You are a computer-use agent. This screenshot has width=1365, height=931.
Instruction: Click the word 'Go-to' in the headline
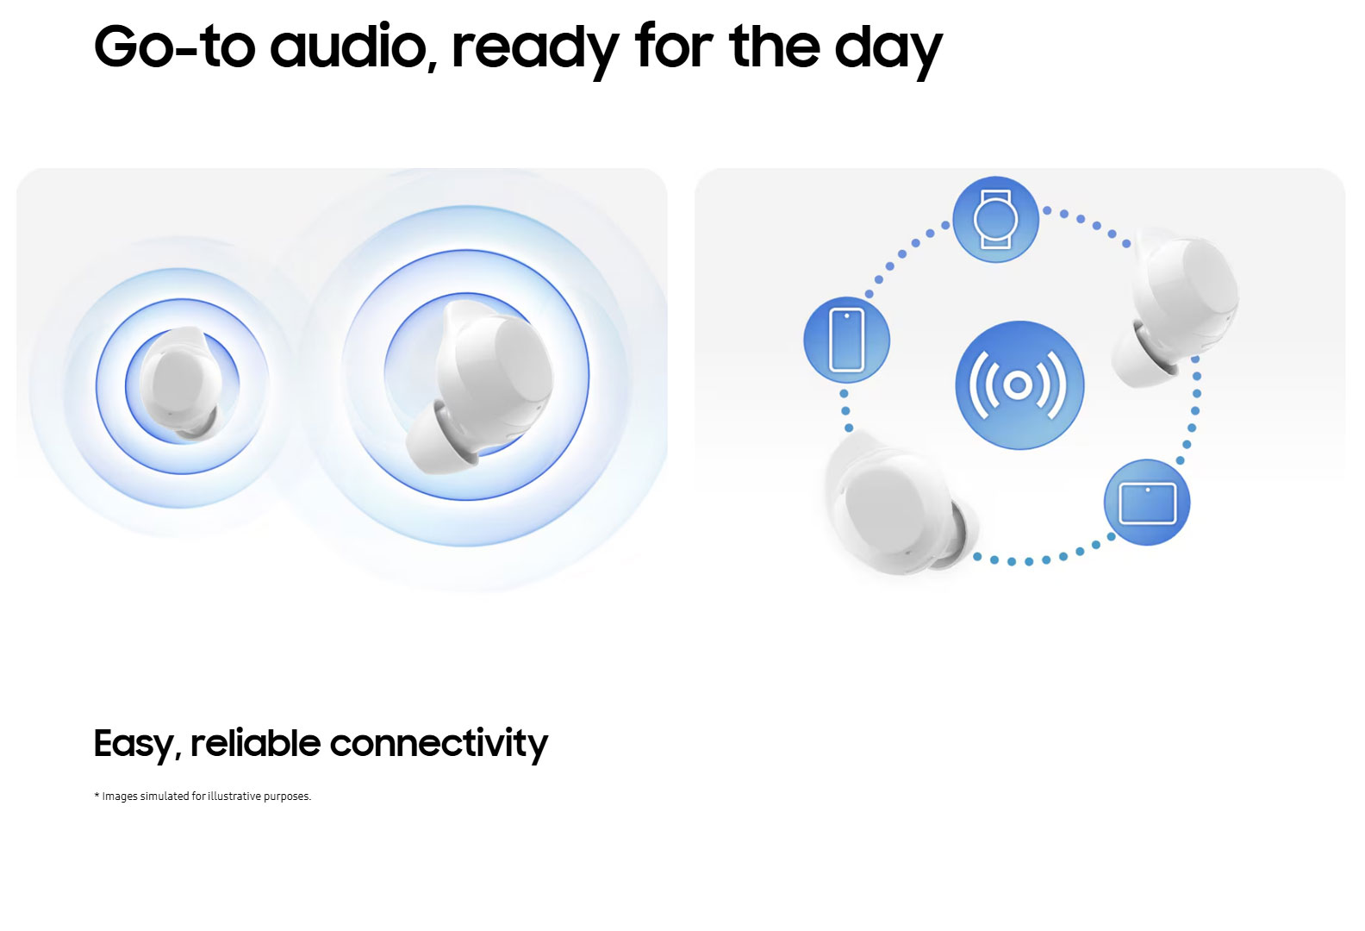(175, 47)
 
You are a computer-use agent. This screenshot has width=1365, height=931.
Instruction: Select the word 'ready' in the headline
(536, 51)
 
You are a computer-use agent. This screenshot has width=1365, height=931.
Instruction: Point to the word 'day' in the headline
(888, 51)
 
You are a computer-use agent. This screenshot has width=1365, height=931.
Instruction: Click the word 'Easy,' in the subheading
(138, 745)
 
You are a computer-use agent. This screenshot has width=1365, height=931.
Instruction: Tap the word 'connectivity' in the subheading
(439, 745)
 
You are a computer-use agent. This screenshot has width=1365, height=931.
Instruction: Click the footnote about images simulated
(203, 797)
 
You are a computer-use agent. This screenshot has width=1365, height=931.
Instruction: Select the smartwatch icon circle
(995, 220)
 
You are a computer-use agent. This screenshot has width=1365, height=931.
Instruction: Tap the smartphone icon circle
(847, 341)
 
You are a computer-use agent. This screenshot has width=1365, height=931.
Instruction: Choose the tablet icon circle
(1147, 503)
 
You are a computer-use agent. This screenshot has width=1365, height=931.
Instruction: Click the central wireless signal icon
(1019, 385)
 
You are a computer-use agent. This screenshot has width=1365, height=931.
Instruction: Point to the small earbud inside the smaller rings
(180, 383)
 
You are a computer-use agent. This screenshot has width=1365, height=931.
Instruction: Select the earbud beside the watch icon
(1175, 307)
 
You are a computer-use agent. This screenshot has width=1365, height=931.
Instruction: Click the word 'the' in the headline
(775, 47)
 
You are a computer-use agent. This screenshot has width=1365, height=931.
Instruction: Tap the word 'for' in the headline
(674, 47)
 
